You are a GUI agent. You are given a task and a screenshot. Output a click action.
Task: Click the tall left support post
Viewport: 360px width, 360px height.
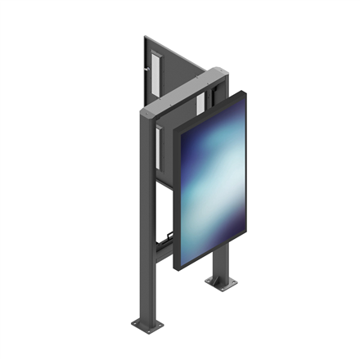(144, 221)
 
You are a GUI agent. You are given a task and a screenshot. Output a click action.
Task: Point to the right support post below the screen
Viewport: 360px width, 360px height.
(219, 262)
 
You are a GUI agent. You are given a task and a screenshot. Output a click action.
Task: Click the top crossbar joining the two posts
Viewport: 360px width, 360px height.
(184, 92)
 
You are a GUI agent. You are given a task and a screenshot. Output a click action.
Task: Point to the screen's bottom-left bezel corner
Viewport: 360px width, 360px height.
(178, 268)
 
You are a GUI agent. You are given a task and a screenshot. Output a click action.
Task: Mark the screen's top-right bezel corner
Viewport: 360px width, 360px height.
(245, 92)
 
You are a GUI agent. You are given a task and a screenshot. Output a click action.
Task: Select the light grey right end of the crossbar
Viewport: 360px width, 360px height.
(217, 74)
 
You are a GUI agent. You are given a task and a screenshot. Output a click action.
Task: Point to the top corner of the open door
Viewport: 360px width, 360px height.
(145, 36)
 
